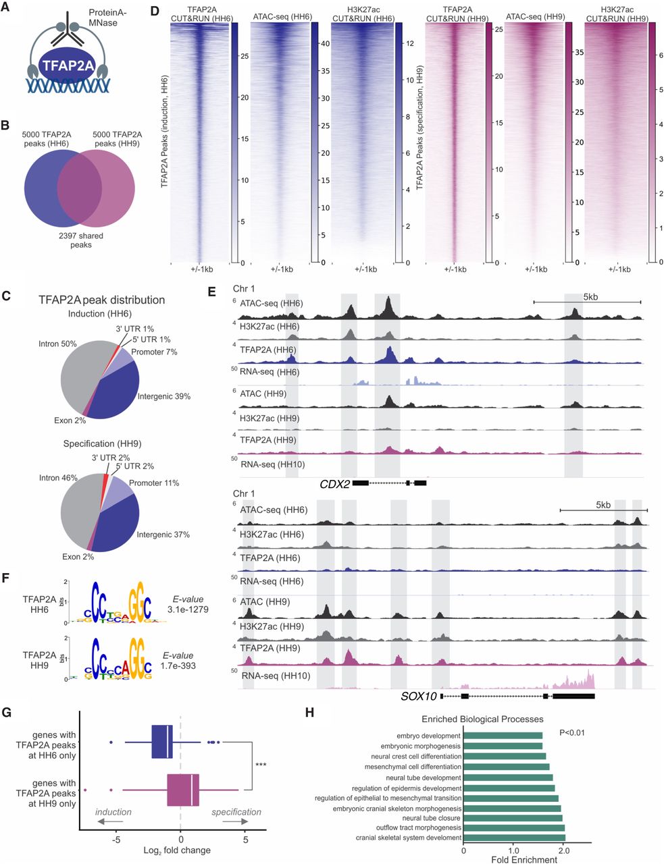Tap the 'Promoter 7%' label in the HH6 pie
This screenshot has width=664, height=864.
tap(155, 352)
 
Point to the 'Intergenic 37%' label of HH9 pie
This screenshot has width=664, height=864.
tap(163, 535)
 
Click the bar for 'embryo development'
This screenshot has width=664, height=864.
tap(502, 735)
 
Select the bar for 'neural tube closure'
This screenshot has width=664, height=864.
tap(512, 817)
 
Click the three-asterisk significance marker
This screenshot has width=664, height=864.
tap(261, 765)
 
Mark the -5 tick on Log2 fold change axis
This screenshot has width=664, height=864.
tap(116, 840)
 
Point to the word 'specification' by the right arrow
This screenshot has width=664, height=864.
tap(236, 812)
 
